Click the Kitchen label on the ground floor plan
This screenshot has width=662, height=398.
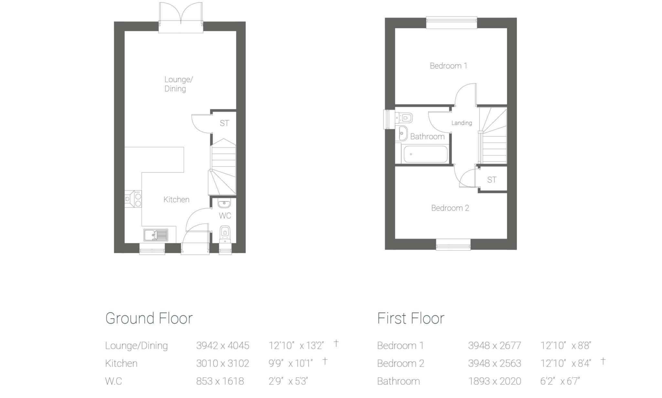click(x=176, y=199)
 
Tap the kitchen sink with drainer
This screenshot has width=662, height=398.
click(x=156, y=235)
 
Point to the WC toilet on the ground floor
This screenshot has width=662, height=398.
click(x=225, y=234)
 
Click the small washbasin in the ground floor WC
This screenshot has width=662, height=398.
click(x=224, y=204)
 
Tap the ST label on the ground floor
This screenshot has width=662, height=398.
click(x=224, y=123)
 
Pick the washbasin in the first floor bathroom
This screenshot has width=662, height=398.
click(x=402, y=133)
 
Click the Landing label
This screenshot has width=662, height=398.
click(x=462, y=123)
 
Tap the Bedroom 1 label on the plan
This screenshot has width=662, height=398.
click(x=448, y=66)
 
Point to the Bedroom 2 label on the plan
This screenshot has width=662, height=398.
click(x=450, y=208)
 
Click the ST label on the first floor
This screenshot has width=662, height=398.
click(x=492, y=180)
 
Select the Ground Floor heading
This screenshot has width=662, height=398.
click(x=149, y=318)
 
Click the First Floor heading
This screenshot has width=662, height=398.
click(x=411, y=318)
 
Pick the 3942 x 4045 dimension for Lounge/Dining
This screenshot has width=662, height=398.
click(x=223, y=346)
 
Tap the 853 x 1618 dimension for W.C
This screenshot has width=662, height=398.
click(x=220, y=381)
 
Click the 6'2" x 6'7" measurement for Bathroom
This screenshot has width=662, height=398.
click(x=560, y=381)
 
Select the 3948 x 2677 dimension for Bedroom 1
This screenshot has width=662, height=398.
click(x=495, y=346)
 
